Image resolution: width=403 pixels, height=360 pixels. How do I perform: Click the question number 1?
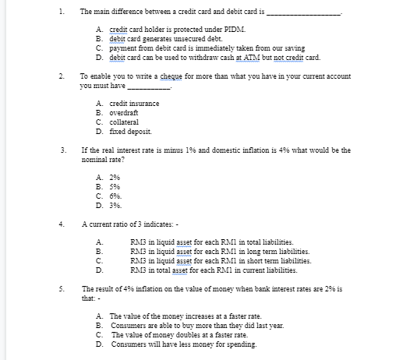61,12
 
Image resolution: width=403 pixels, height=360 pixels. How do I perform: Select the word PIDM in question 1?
236,28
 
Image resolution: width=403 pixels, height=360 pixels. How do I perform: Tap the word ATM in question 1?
249,58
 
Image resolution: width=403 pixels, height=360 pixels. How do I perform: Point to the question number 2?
61,76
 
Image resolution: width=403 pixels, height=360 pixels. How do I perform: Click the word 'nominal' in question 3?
94,158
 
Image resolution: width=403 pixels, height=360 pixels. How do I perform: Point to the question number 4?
61,224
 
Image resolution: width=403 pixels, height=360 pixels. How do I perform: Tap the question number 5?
61,288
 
